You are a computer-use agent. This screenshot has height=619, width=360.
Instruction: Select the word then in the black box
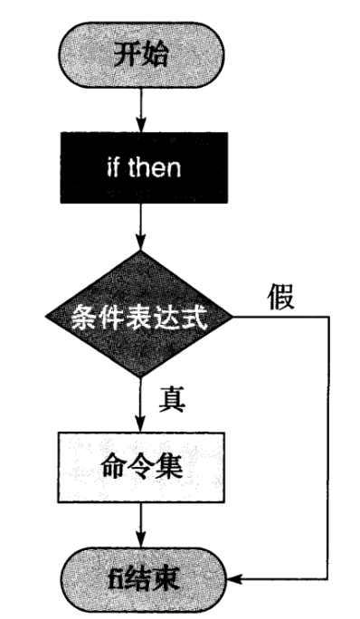154,169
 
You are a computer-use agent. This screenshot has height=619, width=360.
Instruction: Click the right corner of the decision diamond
232,318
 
